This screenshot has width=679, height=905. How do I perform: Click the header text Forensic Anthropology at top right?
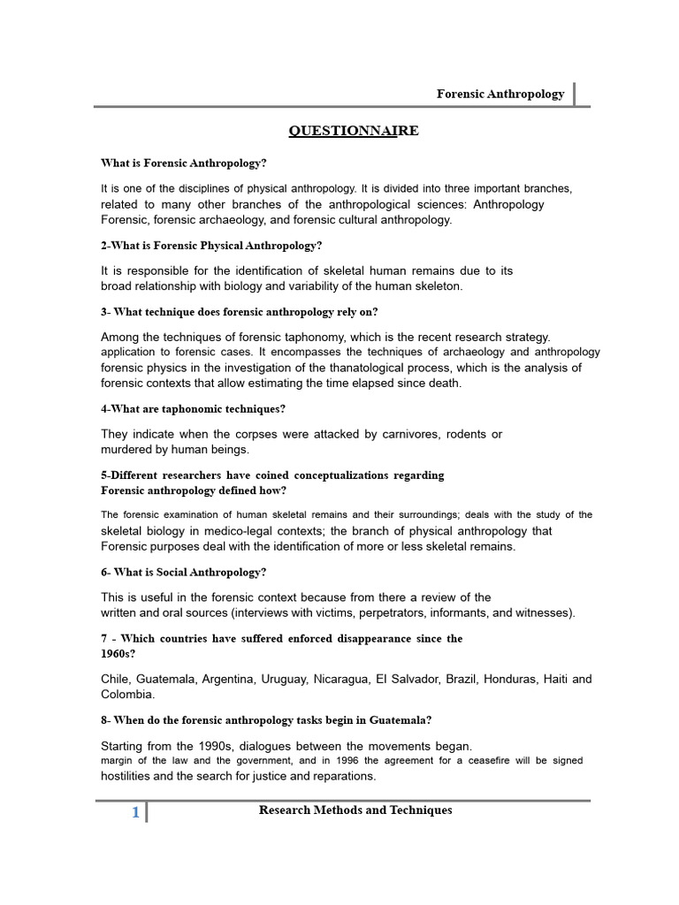tap(500, 94)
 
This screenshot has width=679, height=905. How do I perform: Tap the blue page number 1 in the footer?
tap(135, 813)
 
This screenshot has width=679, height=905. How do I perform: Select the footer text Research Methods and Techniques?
tap(355, 810)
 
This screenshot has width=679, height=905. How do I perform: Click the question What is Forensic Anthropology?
tap(184, 163)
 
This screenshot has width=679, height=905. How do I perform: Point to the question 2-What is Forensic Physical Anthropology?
tap(211, 245)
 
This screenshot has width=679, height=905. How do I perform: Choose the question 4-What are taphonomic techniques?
tap(194, 408)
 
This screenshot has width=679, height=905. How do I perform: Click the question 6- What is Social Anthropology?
tap(183, 572)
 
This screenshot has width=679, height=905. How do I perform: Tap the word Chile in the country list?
tap(116, 679)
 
